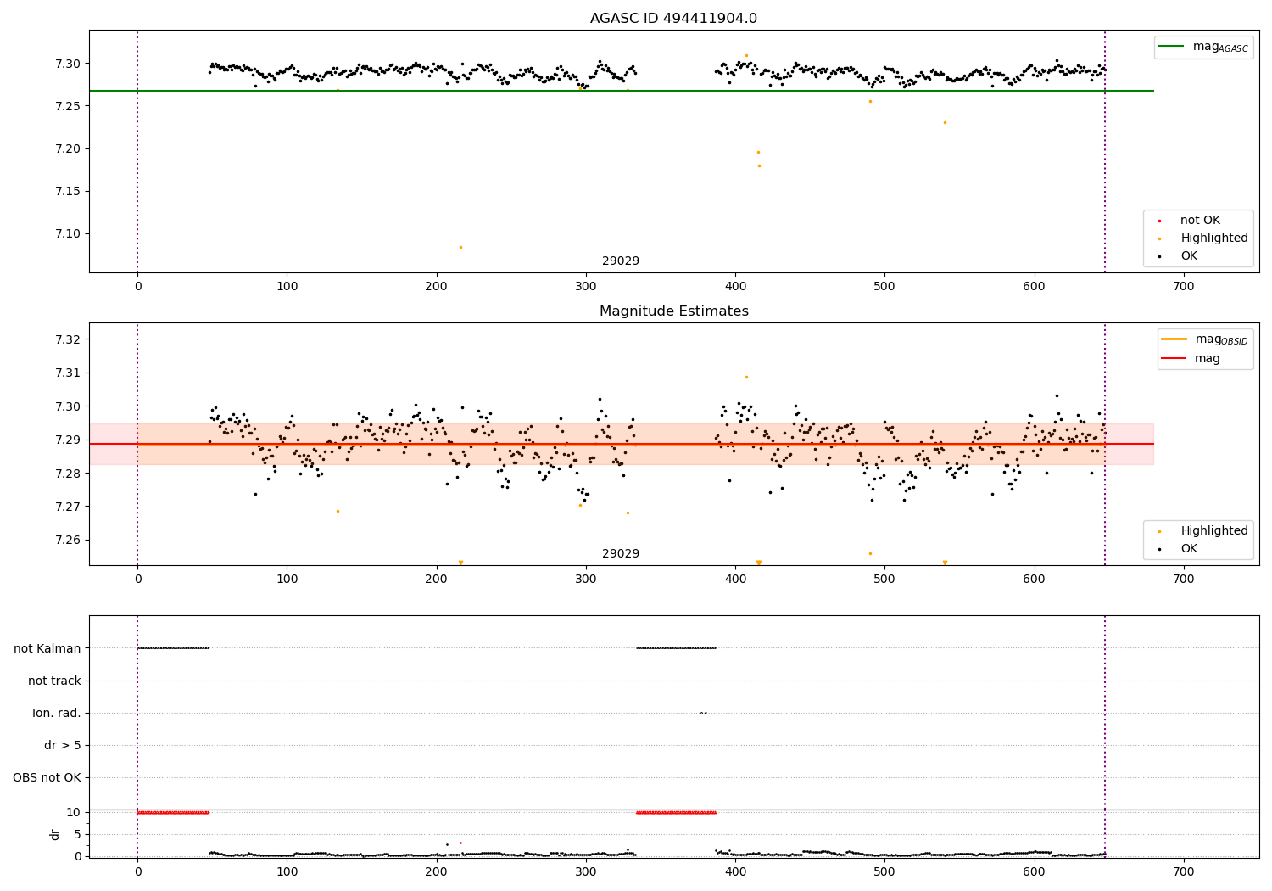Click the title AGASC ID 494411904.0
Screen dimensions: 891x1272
point(673,19)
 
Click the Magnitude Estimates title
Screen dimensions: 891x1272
point(673,311)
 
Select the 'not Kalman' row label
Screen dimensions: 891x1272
point(47,648)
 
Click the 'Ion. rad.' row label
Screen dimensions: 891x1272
point(57,713)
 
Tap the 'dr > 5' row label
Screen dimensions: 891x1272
point(63,745)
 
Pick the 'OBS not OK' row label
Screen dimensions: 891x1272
point(47,777)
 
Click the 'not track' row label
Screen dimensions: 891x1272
point(54,681)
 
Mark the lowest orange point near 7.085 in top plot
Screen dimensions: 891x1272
point(460,247)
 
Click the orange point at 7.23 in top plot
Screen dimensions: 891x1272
point(945,122)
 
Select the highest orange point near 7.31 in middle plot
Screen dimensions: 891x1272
point(746,377)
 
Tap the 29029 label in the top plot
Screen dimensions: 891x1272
point(621,261)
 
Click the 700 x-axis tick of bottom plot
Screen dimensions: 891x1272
point(1183,871)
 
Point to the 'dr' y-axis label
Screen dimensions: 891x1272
point(55,834)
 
